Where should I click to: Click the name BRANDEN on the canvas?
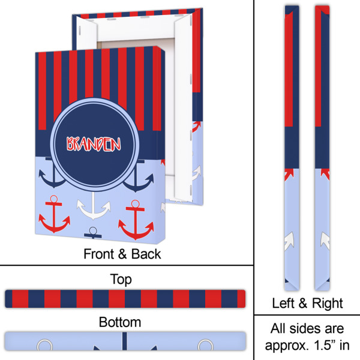point(94,145)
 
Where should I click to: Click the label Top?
point(121,279)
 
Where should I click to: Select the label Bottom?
point(120,322)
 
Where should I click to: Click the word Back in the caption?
point(146,254)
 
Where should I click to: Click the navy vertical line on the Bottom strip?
point(125,346)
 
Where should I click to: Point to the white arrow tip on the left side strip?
point(291,240)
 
